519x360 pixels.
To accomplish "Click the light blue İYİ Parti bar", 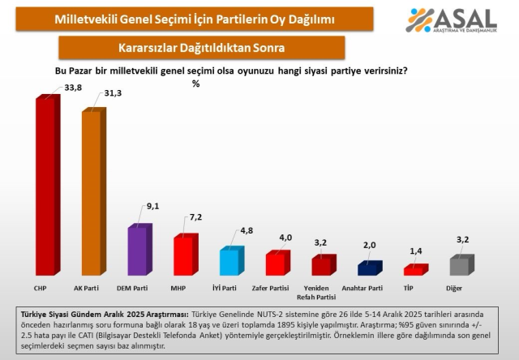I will (x=230, y=261).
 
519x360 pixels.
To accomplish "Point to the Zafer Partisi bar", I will (x=277, y=264).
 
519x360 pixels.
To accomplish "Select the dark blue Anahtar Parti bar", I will (x=369, y=268).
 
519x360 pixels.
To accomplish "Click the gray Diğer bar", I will (x=461, y=266).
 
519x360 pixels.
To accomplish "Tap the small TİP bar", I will (x=414, y=270).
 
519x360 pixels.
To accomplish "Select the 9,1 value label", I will (x=152, y=205).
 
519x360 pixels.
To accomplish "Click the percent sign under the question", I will (x=195, y=84).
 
